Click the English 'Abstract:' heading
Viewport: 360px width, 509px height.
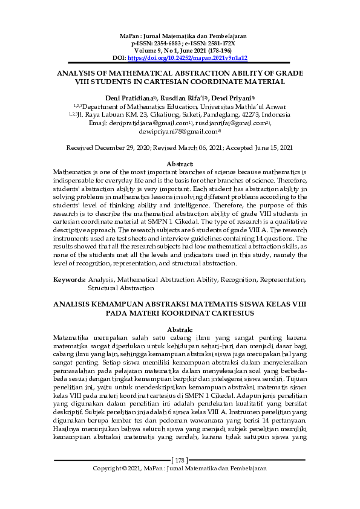(180, 164)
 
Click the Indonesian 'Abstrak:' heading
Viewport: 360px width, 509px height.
(180, 328)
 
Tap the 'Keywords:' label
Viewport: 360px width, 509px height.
(69, 280)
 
